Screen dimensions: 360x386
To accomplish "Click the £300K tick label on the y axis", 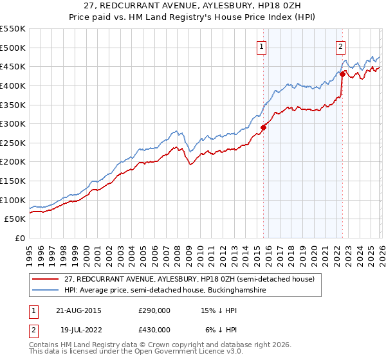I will tap(13, 123).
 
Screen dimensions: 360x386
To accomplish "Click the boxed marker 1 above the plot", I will tap(262, 46).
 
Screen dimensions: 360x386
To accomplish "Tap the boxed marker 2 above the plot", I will tap(340, 46).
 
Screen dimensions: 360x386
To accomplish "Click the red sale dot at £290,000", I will tap(263, 127).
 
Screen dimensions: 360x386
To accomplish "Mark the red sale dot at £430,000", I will tap(342, 74).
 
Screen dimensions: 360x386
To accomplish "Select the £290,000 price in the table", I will tap(154, 311).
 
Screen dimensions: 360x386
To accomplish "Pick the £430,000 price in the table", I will tap(154, 330).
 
